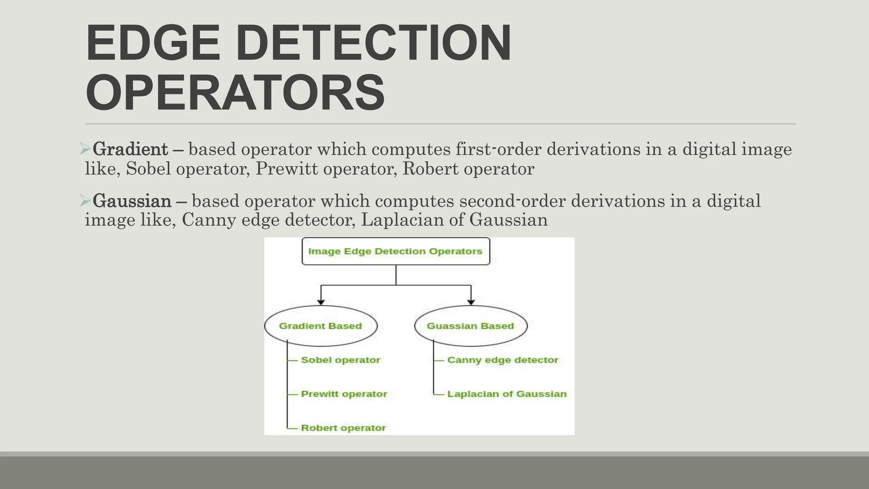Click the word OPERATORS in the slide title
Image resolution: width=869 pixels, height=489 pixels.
(235, 93)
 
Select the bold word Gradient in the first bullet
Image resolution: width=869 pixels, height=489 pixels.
(130, 149)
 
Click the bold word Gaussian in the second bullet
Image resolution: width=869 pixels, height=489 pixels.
(132, 201)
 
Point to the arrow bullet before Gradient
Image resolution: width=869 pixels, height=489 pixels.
(85, 149)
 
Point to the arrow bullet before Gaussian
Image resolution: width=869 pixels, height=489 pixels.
(85, 200)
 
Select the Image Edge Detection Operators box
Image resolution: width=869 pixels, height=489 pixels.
(395, 251)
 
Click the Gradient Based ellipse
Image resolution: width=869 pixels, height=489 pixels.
(321, 326)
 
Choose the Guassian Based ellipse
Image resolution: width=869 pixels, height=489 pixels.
(471, 326)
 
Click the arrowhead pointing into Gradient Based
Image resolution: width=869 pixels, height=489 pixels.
(321, 302)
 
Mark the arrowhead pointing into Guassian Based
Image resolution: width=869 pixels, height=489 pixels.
(471, 302)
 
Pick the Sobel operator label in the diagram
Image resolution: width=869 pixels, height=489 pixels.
(340, 360)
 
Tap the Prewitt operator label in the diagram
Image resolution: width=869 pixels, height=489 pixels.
(344, 394)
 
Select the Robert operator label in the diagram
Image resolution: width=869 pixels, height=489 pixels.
(343, 428)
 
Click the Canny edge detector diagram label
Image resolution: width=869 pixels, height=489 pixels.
(503, 360)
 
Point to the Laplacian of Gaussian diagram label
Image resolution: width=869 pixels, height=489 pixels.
(507, 394)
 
